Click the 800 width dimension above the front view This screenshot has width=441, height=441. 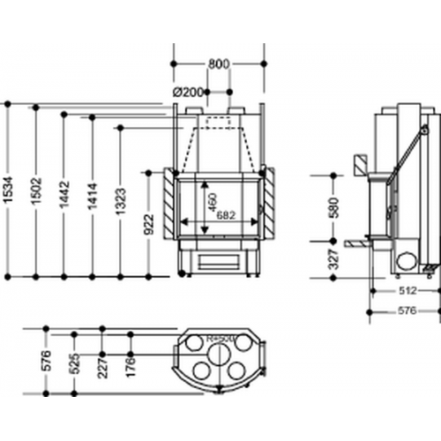[220, 64]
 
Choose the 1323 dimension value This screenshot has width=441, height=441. [122, 206]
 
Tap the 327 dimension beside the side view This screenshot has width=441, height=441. [333, 257]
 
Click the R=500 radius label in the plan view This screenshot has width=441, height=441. [218, 336]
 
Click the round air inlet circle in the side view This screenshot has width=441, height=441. [407, 259]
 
